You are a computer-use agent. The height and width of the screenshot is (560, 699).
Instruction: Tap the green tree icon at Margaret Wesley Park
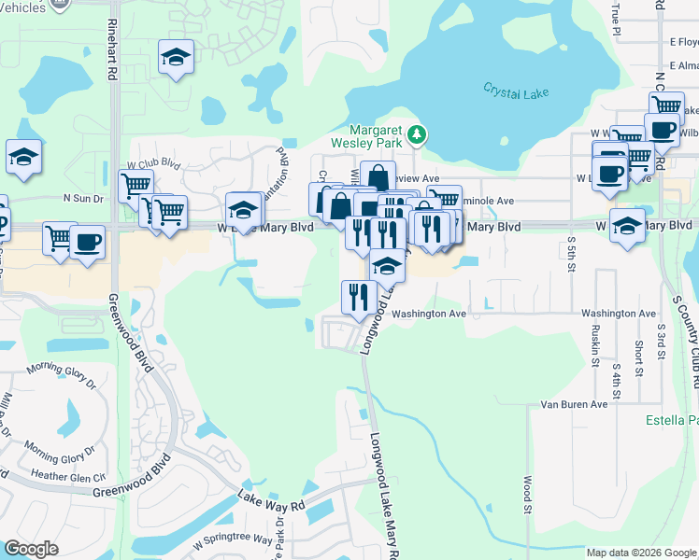coord(418,137)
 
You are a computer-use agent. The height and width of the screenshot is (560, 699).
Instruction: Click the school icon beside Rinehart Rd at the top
coord(176,58)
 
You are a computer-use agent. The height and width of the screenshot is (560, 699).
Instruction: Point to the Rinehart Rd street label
coord(112,48)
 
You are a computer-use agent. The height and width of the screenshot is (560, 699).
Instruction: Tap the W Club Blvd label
coord(153,162)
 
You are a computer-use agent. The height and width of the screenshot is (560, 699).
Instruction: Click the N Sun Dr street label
coord(82,198)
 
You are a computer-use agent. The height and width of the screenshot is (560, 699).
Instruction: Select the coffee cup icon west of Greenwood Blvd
coord(88,242)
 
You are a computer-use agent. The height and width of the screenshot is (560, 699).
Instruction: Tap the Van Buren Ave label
coord(575,404)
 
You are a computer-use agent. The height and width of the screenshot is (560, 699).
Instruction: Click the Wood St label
coord(527,495)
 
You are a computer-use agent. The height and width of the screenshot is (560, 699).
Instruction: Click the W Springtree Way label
coord(232,540)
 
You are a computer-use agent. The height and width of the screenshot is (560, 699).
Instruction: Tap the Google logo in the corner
coord(31,549)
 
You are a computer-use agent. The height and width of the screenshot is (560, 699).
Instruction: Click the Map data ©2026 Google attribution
coord(641,553)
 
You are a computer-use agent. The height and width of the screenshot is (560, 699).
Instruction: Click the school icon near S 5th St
coord(627,225)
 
